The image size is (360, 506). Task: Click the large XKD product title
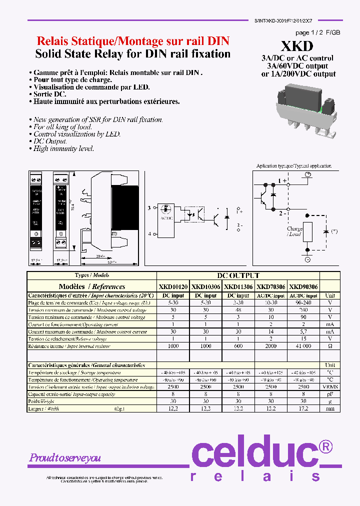(x=297, y=46)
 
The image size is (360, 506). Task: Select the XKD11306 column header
(x=238, y=287)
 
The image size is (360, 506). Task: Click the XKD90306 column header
(x=303, y=287)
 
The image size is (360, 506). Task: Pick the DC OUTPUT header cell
(x=238, y=275)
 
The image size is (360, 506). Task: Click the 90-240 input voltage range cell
(x=303, y=303)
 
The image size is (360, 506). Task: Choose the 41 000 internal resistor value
(x=303, y=346)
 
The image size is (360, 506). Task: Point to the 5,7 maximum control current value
(x=303, y=331)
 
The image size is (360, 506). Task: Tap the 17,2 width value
(x=303, y=408)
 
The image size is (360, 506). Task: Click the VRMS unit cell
(x=330, y=387)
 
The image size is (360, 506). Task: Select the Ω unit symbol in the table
(x=330, y=346)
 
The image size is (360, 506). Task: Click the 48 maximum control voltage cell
(x=238, y=310)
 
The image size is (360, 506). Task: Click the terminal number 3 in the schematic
(x=149, y=207)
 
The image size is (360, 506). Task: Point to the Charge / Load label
(x=294, y=231)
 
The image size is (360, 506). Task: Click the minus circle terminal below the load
(x=307, y=260)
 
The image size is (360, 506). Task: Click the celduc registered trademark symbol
(x=325, y=446)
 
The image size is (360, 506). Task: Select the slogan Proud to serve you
(x=65, y=457)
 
